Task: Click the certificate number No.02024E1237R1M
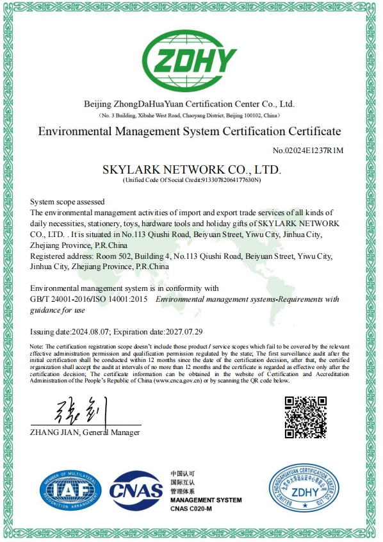click(x=308, y=151)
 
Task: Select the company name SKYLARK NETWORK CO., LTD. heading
click(x=191, y=170)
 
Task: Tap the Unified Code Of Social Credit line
click(x=191, y=181)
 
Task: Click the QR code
click(x=305, y=417)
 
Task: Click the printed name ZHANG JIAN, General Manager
click(x=85, y=433)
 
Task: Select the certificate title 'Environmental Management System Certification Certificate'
click(x=190, y=132)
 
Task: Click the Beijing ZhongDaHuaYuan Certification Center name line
click(x=189, y=104)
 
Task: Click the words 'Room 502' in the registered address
click(x=107, y=256)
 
